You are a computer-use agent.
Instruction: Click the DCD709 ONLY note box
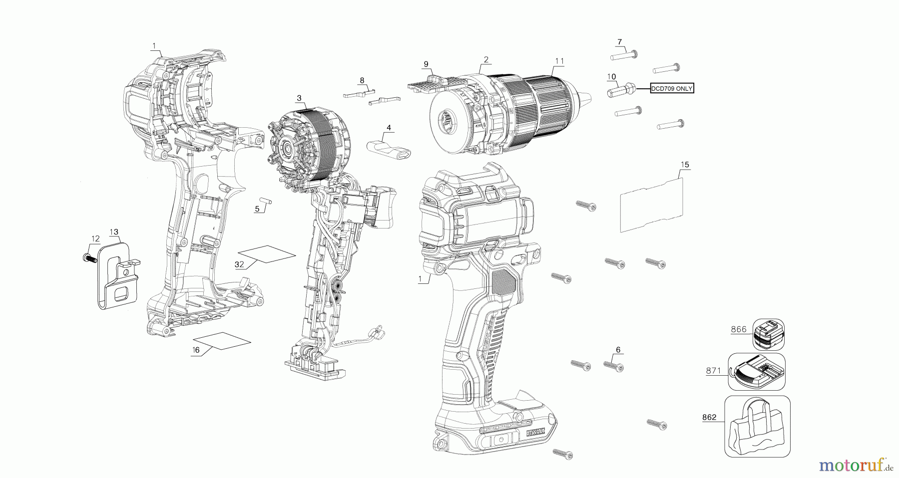pyautogui.click(x=672, y=88)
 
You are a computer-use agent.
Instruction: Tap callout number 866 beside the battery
pyautogui.click(x=738, y=329)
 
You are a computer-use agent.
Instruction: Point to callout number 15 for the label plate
pyautogui.click(x=684, y=164)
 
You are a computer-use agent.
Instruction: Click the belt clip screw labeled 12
pyautogui.click(x=88, y=258)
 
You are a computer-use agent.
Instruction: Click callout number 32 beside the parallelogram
pyautogui.click(x=239, y=264)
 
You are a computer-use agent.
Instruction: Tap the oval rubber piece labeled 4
pyautogui.click(x=388, y=149)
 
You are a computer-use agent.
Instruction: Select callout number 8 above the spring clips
pyautogui.click(x=362, y=80)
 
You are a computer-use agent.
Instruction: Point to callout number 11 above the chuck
pyautogui.click(x=559, y=61)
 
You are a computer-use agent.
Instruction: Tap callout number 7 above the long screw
pyautogui.click(x=619, y=41)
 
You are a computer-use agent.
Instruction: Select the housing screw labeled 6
pyautogui.click(x=614, y=366)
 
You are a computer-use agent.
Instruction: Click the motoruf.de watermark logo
pyautogui.click(x=856, y=466)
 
